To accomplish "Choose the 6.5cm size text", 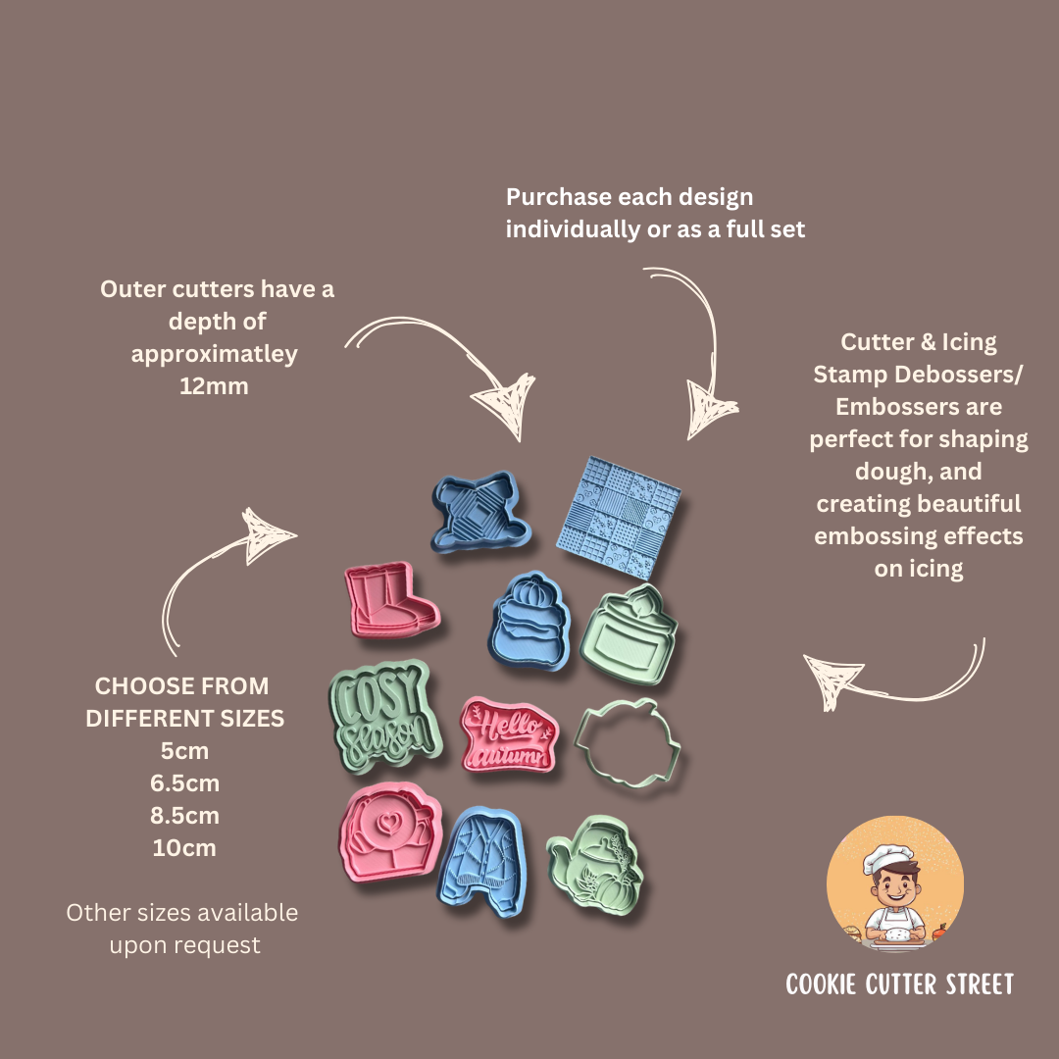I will pos(184,783).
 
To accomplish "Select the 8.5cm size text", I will pos(184,816).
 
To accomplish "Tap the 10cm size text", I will pos(184,848).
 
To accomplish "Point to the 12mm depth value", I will pos(214,386).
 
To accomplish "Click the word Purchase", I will pos(558,197).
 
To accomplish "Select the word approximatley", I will pos(214,354).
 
